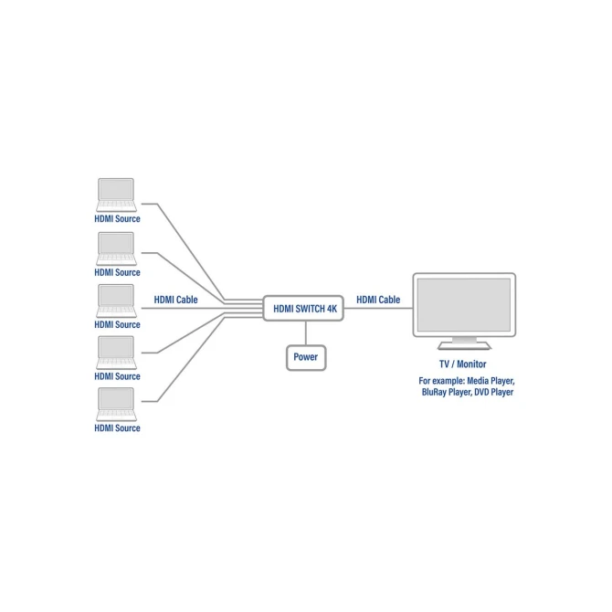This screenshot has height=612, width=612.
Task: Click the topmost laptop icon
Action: (x=116, y=195)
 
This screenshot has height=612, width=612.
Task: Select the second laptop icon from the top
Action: (x=116, y=248)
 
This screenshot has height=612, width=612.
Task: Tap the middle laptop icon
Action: (x=116, y=301)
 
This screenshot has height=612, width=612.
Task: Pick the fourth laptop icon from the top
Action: (x=116, y=353)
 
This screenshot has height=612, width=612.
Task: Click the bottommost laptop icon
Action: (x=116, y=404)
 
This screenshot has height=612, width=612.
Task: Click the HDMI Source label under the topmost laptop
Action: (x=117, y=219)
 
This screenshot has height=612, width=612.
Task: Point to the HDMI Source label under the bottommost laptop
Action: (x=117, y=428)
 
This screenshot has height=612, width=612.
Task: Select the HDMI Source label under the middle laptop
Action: (x=117, y=325)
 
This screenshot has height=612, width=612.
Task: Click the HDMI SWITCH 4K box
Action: (x=303, y=309)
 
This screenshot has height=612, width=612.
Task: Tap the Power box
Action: (x=306, y=357)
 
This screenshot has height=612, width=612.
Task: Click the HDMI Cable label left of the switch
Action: (x=175, y=300)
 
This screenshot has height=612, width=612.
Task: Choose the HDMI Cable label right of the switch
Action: (x=378, y=300)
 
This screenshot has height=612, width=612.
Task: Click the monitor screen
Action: (x=464, y=305)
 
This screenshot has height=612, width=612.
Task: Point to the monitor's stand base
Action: (x=464, y=345)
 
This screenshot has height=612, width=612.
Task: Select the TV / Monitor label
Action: (x=463, y=364)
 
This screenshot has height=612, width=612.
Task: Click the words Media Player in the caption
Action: (x=491, y=381)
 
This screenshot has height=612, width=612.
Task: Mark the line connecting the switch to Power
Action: (x=306, y=332)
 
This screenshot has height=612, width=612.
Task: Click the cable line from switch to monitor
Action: (x=378, y=308)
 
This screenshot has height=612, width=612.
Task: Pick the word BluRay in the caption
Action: (x=433, y=392)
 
